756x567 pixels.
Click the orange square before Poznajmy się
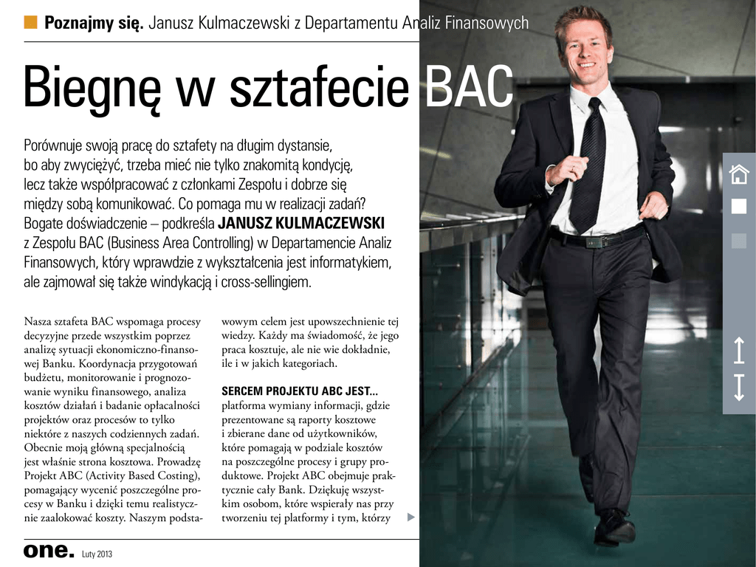point(30,21)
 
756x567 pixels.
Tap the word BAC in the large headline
point(470,86)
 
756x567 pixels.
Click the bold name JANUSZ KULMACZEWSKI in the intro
point(301,223)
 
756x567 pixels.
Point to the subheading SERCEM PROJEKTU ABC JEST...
point(300,391)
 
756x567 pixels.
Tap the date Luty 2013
point(97,554)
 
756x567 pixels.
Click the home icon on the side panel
point(738,174)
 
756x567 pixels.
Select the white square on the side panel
point(738,206)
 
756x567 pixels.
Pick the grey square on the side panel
point(738,241)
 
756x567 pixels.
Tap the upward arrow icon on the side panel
point(739,351)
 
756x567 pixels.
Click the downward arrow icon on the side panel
point(739,388)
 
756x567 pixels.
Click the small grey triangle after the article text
point(410,518)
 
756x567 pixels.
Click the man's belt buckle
point(594,242)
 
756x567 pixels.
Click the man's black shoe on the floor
point(614,527)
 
